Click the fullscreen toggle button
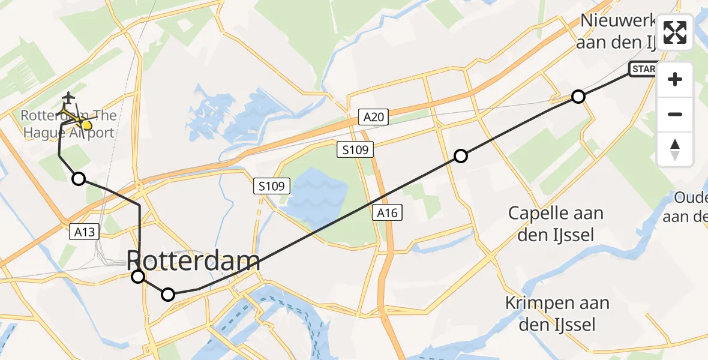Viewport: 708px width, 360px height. point(675,32)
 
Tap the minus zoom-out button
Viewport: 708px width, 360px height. point(675,114)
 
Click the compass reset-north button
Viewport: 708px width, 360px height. point(675,149)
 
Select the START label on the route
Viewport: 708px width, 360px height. point(643,70)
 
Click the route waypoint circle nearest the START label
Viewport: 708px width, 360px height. point(578,96)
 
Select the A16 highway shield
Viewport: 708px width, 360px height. point(386,212)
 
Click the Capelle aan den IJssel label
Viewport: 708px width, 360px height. point(556,223)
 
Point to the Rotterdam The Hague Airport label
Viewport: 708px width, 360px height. point(69,124)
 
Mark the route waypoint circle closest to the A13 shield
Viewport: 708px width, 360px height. point(79,178)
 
